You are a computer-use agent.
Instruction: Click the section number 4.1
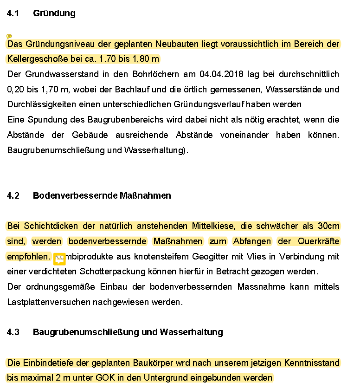tap(13, 13)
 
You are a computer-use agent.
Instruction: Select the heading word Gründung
tap(54, 13)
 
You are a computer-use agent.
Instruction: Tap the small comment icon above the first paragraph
tap(9, 36)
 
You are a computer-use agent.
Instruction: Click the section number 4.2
tap(13, 196)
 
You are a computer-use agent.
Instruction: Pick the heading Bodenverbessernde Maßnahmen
tap(102, 196)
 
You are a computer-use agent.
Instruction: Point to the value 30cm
tap(328, 226)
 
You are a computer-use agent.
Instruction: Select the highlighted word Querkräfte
tap(318, 241)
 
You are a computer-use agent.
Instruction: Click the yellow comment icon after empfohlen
tap(60, 259)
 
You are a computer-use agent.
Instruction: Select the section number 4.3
tap(13, 332)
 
